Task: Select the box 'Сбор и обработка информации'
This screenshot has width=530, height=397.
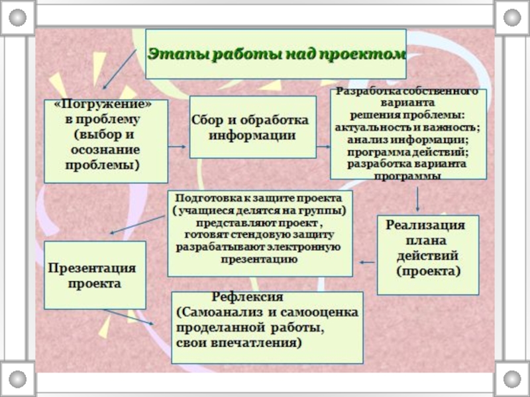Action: coord(252,127)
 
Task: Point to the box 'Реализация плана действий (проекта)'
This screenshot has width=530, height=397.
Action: coord(427,255)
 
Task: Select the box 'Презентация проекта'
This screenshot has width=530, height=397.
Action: coord(94,275)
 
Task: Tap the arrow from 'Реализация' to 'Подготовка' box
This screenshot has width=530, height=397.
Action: coord(366,263)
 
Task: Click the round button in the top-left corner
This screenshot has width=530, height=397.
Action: coord(17,18)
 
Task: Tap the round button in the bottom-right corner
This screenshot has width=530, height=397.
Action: coord(512,379)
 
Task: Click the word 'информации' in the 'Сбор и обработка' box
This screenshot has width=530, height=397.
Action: coord(252,135)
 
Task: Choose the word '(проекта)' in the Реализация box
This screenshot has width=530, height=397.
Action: coord(427,272)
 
